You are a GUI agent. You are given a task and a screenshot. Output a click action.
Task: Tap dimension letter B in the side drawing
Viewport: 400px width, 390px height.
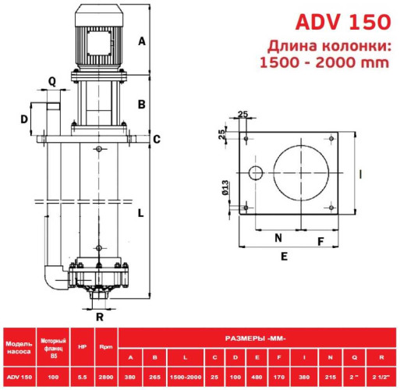click(142, 104)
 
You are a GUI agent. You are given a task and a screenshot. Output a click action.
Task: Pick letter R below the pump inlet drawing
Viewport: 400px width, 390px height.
click(99, 317)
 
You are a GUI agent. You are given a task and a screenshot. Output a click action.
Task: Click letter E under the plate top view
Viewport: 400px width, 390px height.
click(284, 256)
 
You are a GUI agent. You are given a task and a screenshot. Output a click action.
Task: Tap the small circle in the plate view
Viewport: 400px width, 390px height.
click(253, 172)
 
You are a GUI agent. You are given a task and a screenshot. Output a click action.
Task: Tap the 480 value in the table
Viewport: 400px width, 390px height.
click(256, 378)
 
